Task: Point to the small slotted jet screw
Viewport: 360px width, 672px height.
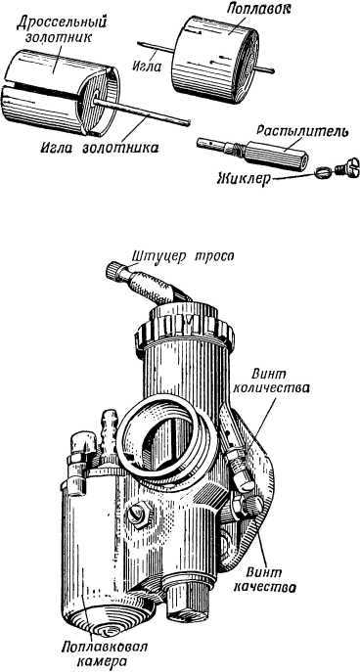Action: click(337, 166)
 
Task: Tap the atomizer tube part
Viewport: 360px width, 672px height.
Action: click(263, 152)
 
